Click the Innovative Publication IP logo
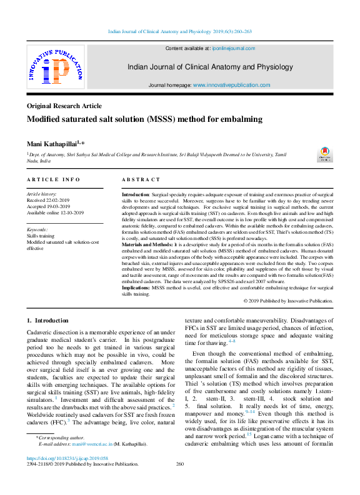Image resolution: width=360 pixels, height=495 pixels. coord(55,67)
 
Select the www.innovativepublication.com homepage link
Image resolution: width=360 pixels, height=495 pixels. coord(231,85)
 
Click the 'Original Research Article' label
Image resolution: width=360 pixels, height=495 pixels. coord(64,106)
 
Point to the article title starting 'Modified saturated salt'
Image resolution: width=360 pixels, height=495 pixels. coord(136,119)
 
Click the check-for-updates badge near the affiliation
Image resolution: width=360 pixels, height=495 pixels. coord(326,154)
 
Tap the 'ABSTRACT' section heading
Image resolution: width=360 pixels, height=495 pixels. coord(141,180)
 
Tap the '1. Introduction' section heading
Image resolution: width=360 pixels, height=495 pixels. coord(47,321)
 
